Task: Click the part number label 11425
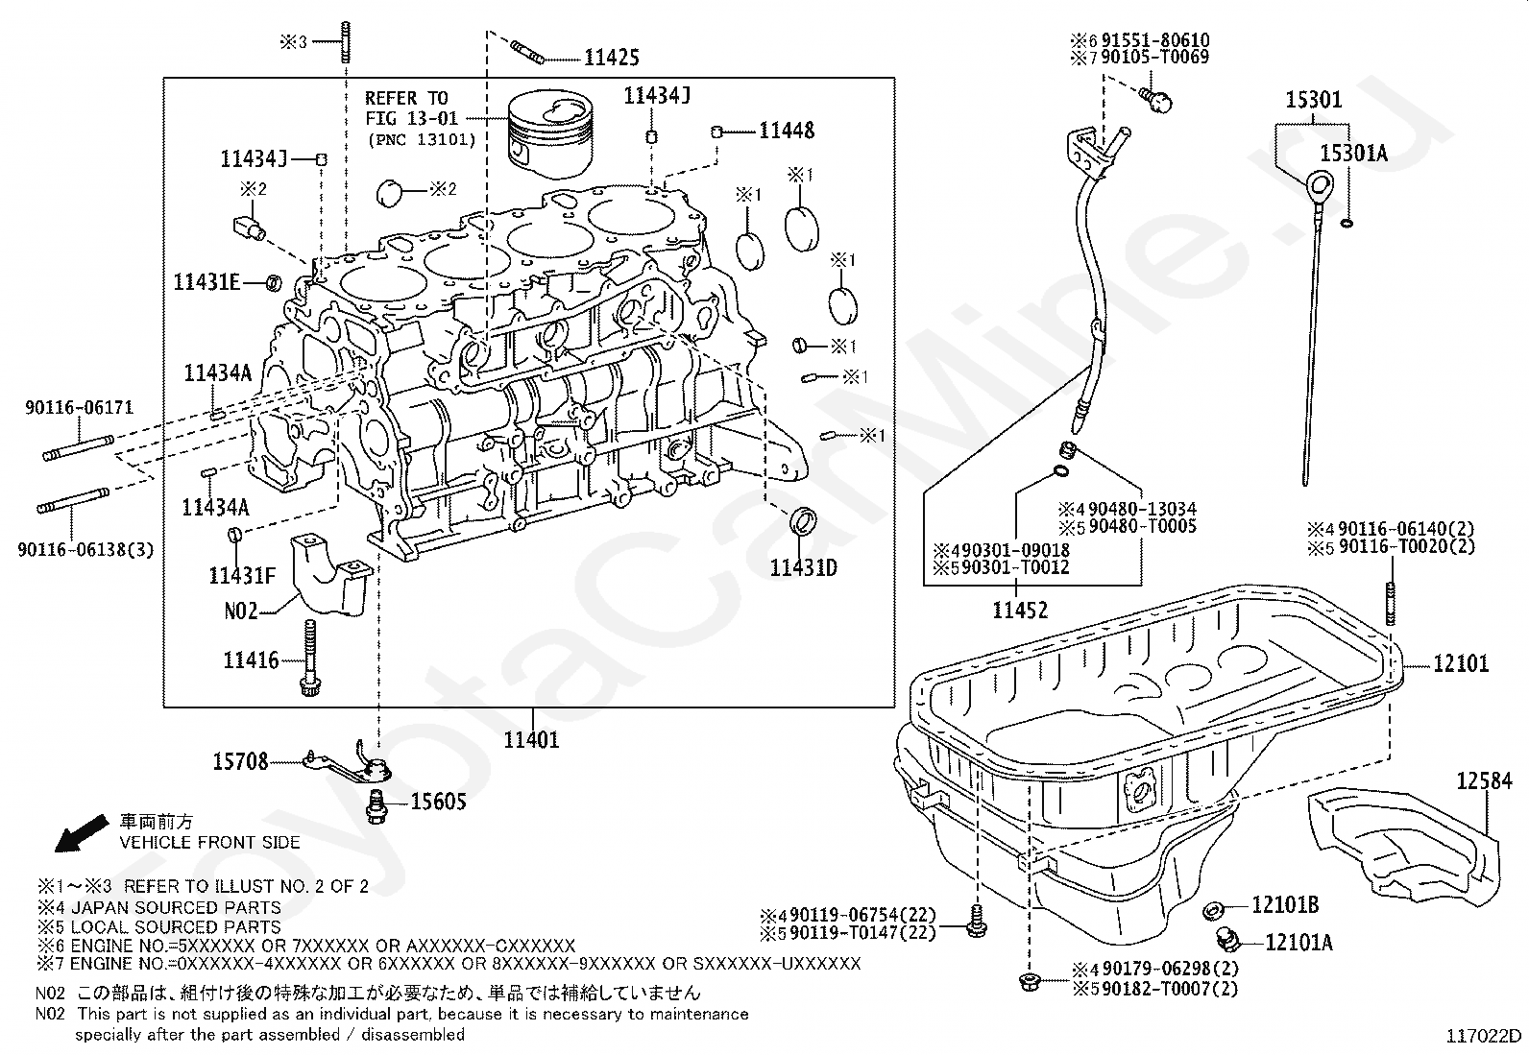click(x=612, y=58)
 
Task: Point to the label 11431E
click(x=206, y=282)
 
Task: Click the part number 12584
click(x=1483, y=781)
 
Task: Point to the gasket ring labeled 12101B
click(x=1212, y=909)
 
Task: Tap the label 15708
click(x=240, y=762)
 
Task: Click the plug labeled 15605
click(x=376, y=806)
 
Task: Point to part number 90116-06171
click(x=80, y=409)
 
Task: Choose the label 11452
click(x=1020, y=610)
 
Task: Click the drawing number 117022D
click(x=1485, y=1036)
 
